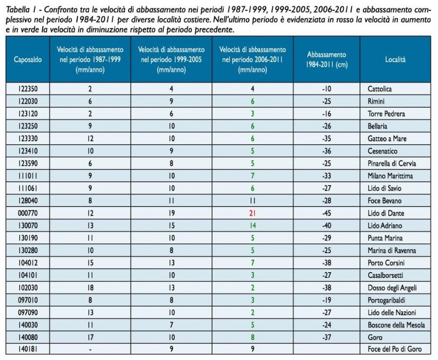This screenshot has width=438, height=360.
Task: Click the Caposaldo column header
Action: (x=25, y=60)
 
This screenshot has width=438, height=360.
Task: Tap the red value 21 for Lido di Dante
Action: (x=252, y=213)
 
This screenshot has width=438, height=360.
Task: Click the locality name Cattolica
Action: (x=379, y=89)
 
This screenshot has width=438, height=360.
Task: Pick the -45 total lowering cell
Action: (x=326, y=213)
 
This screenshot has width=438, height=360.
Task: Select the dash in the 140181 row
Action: (x=90, y=349)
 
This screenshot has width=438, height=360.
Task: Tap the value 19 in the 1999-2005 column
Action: (x=172, y=213)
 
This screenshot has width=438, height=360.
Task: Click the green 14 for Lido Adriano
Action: (x=252, y=225)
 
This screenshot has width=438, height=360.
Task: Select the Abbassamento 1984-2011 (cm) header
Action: (x=326, y=60)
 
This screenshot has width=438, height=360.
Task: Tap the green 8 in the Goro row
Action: (x=252, y=337)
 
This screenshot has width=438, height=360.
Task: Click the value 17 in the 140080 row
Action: (x=90, y=337)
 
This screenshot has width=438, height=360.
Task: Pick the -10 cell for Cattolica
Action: (x=326, y=89)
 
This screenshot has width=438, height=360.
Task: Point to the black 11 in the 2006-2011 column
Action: (x=252, y=200)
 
